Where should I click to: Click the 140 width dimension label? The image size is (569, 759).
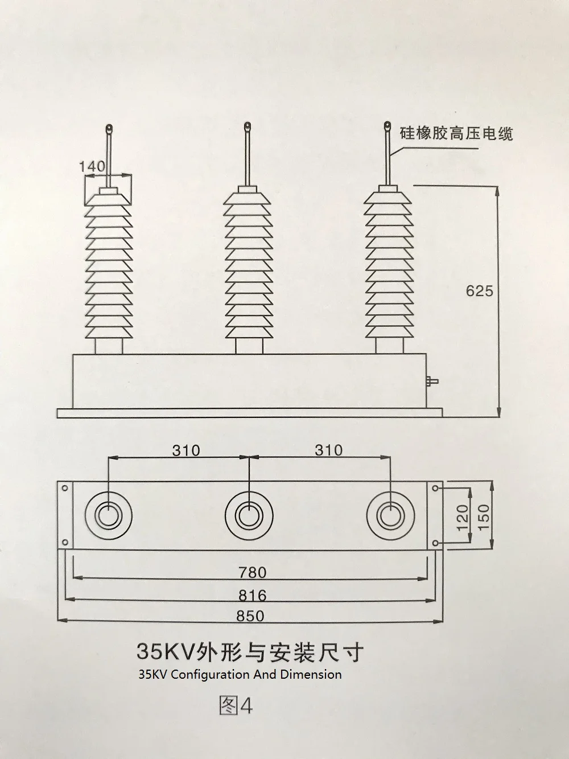coord(92,166)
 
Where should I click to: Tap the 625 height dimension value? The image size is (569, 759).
coord(479,291)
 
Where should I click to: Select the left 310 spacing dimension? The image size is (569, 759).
coord(186,450)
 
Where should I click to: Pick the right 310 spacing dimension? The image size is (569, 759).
coord(329,450)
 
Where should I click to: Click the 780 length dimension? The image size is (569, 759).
coord(252,572)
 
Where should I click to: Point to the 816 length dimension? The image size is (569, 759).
coord(252,596)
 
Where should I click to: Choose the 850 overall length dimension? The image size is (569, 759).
coord(250,616)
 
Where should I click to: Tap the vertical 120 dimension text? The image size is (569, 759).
coord(462,514)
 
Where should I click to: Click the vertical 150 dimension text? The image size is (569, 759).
coord(484,514)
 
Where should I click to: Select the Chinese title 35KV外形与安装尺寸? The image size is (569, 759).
coord(249,651)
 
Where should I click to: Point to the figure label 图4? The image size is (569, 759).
coord(236,706)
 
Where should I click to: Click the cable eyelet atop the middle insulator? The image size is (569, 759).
coord(247,125)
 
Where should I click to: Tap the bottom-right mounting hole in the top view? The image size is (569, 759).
coord(436,542)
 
